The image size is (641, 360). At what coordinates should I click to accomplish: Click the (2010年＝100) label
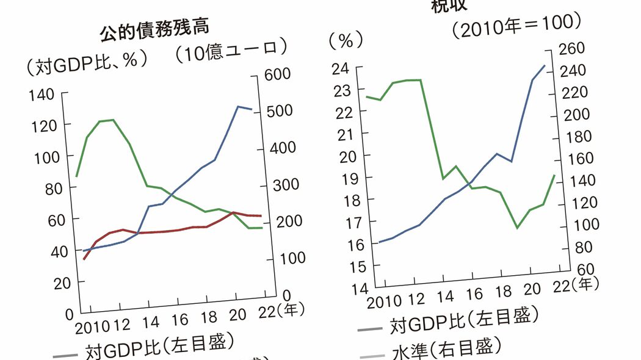[x=516, y=26]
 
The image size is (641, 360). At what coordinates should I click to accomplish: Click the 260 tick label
[x=573, y=49]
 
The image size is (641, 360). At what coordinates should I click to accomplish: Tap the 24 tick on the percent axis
[x=341, y=68]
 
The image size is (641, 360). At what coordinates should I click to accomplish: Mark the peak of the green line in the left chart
[x=112, y=120]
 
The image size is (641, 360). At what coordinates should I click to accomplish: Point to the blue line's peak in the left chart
[x=238, y=107]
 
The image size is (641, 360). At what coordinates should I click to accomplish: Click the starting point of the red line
[x=84, y=259]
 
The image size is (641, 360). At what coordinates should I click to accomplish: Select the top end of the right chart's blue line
[x=545, y=65]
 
